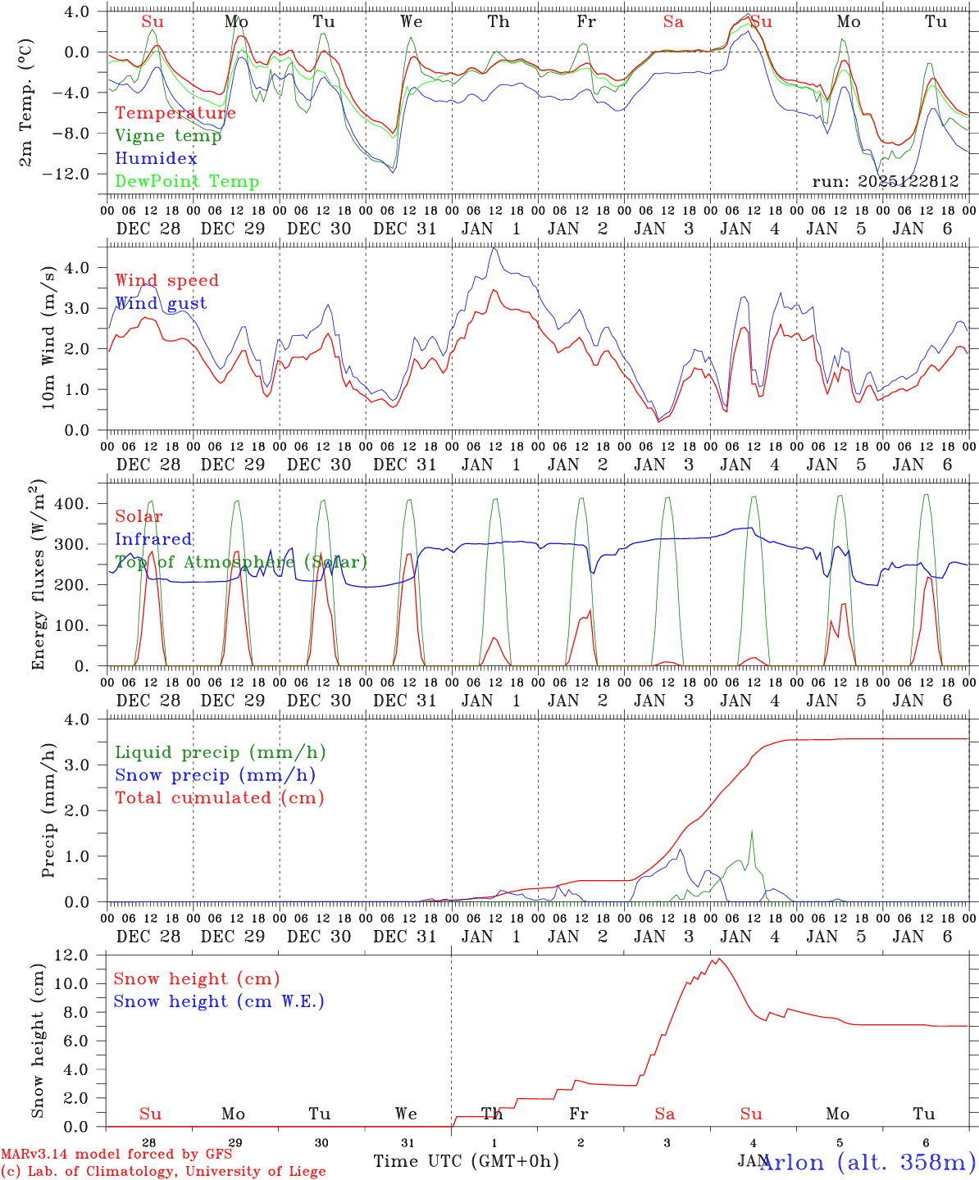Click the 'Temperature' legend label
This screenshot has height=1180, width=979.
pos(175,113)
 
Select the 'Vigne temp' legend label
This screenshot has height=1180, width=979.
pos(168,136)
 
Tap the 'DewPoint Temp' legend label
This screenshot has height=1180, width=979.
pos(187,182)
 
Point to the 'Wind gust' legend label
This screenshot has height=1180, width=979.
pos(161,303)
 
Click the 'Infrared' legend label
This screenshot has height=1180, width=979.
pos(153,539)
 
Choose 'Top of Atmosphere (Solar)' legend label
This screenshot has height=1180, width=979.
pos(241,562)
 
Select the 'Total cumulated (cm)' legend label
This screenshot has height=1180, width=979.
pos(220,798)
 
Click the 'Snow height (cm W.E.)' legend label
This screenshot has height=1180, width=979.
pos(219,1001)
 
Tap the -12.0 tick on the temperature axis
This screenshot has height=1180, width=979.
pos(80,175)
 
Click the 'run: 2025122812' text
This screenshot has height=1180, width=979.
pos(886,182)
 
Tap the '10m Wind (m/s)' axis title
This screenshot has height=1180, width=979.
pos(49,337)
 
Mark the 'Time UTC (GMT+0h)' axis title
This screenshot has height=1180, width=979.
pos(467,1161)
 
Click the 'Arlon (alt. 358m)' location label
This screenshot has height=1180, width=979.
pos(867,1162)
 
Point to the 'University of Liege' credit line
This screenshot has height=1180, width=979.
pos(164,1172)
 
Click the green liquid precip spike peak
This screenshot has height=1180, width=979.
pos(751,831)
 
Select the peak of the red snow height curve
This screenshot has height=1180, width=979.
pos(719,959)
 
